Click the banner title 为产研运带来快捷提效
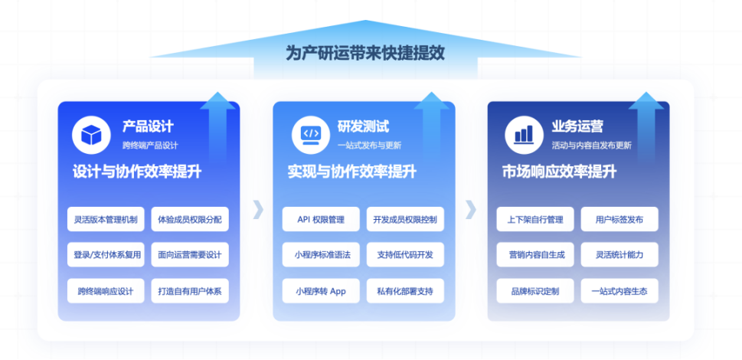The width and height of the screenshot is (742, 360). [365, 53]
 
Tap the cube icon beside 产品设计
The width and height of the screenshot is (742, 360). [91, 135]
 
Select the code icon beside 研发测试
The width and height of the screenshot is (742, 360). [310, 135]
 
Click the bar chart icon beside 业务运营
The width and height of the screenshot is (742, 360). [525, 135]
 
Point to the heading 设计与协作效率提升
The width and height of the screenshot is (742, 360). [137, 172]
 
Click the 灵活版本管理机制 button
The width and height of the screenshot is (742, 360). [106, 220]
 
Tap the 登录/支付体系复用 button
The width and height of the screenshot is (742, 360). [106, 255]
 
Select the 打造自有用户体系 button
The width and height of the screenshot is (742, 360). [190, 291]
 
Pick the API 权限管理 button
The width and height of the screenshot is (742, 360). [321, 220]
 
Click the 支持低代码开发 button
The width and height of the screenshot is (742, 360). [405, 255]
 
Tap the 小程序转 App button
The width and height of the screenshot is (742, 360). [321, 291]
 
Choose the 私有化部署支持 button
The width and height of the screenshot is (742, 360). [405, 291]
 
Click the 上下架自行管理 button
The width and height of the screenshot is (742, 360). [535, 220]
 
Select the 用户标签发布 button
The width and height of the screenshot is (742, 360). [619, 220]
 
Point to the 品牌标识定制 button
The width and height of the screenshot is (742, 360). [535, 291]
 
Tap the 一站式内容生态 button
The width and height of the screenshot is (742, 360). [619, 291]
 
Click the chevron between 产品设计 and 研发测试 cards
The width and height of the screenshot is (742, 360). [258, 209]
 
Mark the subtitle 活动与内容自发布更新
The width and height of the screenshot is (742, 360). [591, 146]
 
